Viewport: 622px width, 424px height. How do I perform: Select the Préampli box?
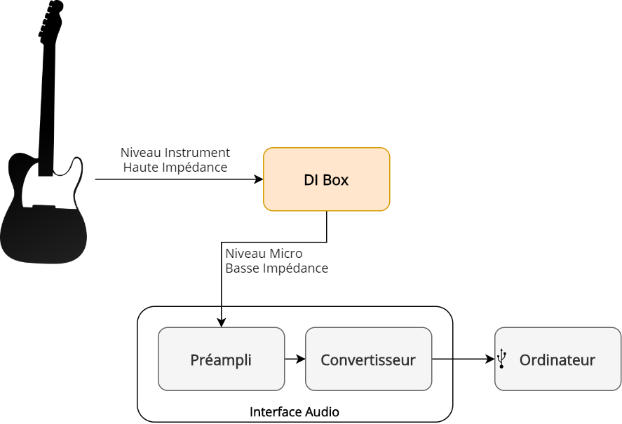click(x=221, y=359)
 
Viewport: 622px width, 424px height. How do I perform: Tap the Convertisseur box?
click(x=368, y=359)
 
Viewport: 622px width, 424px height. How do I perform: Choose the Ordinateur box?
click(x=557, y=359)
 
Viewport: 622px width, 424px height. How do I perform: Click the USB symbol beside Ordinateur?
click(x=501, y=359)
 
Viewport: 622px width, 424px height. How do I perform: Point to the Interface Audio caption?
click(x=295, y=412)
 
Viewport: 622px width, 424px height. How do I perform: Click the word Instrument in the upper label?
click(x=198, y=153)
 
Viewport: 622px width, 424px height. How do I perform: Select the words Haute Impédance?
click(x=175, y=167)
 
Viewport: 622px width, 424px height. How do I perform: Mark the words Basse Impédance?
click(x=276, y=268)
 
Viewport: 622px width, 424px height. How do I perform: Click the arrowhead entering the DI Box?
click(x=259, y=179)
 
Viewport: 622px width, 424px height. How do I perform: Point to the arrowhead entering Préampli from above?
click(x=222, y=322)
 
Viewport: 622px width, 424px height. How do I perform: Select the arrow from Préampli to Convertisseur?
click(x=295, y=359)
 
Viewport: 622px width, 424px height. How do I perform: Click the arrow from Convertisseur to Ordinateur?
click(x=463, y=359)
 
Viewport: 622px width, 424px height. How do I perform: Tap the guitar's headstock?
click(x=51, y=21)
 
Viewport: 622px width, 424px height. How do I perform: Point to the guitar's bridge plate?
click(x=43, y=207)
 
